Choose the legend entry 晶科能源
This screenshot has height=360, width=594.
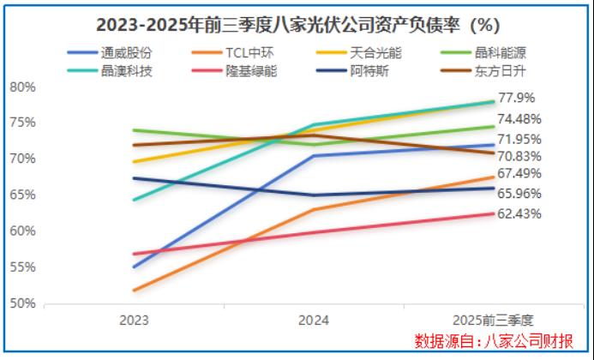(512, 52)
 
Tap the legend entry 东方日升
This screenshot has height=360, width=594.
(512, 70)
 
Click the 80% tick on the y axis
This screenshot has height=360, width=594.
(23, 87)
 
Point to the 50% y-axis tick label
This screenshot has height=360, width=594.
(23, 303)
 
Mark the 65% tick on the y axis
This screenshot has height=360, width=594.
(23, 195)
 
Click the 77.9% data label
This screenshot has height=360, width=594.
(517, 98)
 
